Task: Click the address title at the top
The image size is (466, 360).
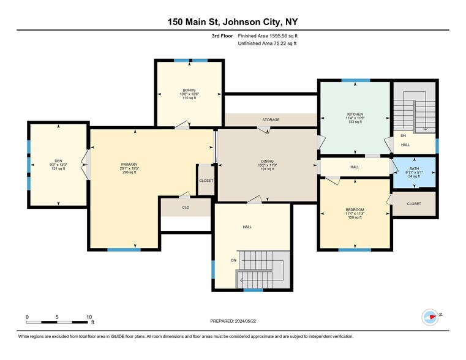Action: coord(233,21)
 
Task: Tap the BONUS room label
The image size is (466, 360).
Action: coord(189,89)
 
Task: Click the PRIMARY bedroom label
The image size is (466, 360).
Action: coord(129,164)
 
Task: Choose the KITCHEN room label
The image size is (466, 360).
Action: coord(355,114)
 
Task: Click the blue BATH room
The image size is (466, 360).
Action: coord(414,172)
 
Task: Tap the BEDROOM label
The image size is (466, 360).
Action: coord(355,209)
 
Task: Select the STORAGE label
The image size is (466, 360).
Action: coord(271,120)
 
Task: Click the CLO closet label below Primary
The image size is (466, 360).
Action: coord(186,207)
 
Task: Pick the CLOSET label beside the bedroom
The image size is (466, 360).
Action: coord(413,204)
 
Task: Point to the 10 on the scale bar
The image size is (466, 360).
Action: coord(89,317)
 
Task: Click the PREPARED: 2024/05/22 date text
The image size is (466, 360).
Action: coord(232,321)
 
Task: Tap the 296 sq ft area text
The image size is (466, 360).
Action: coord(129,173)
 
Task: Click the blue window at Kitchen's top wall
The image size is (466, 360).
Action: coord(355,80)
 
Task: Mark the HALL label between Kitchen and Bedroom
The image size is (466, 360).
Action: coord(355,167)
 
